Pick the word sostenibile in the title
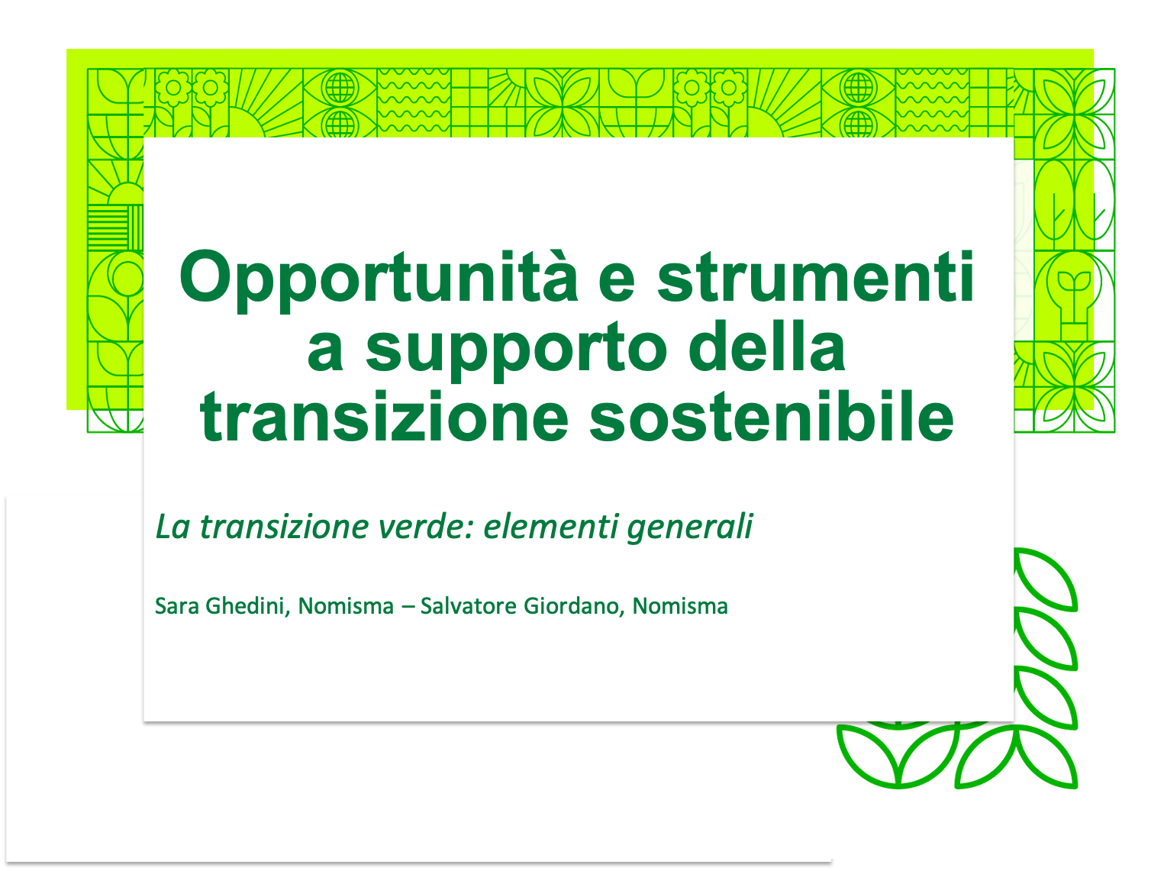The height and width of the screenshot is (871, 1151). coord(772,416)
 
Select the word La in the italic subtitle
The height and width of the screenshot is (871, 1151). coord(172,527)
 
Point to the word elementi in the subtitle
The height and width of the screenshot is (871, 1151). coord(550,527)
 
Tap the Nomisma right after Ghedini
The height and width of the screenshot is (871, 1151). coord(346,606)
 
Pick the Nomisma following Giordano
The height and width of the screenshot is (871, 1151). coord(680,606)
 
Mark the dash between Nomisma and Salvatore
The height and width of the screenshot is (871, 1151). coord(408,607)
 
